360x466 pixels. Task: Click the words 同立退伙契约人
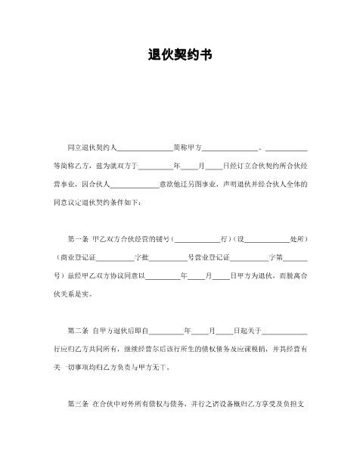coord(92,145)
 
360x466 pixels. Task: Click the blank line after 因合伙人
coord(135,184)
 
